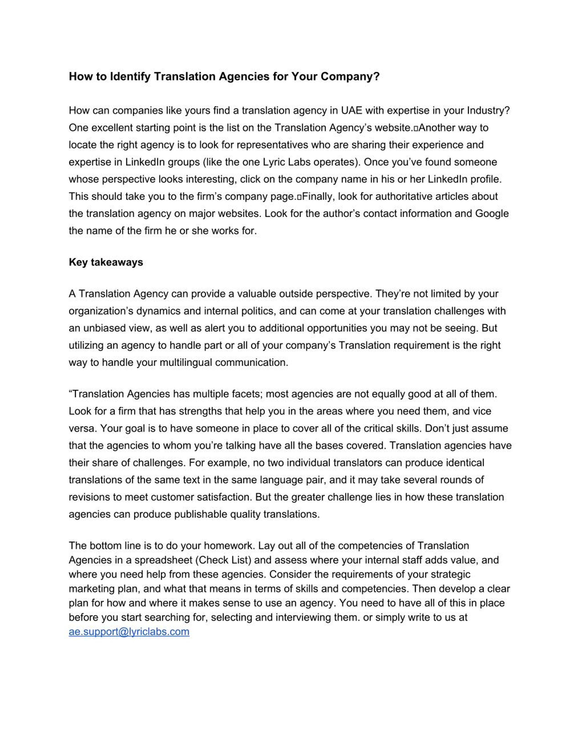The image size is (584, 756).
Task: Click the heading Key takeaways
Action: (x=106, y=262)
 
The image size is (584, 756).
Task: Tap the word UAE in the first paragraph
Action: (x=351, y=110)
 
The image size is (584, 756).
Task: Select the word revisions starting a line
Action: (x=90, y=497)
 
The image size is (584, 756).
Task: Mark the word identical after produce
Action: (x=465, y=463)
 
